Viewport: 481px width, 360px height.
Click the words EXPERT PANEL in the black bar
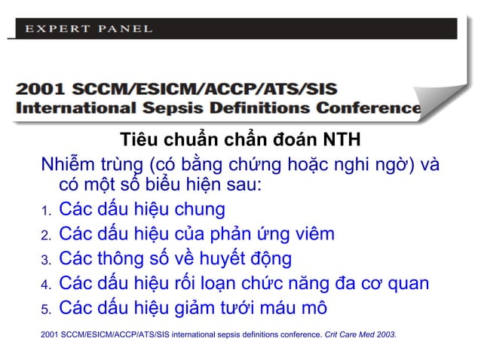(90, 29)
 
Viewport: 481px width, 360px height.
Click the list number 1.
(44, 211)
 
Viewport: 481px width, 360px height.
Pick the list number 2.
(45, 236)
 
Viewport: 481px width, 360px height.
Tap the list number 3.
(45, 261)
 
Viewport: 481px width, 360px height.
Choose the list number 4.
(45, 285)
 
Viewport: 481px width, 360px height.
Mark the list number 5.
(45, 310)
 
